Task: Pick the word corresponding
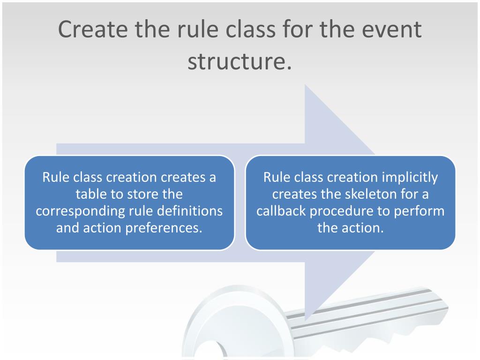80,211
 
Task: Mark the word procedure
345,211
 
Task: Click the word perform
419,211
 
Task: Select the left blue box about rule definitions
129,202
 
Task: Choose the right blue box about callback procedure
350,202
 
